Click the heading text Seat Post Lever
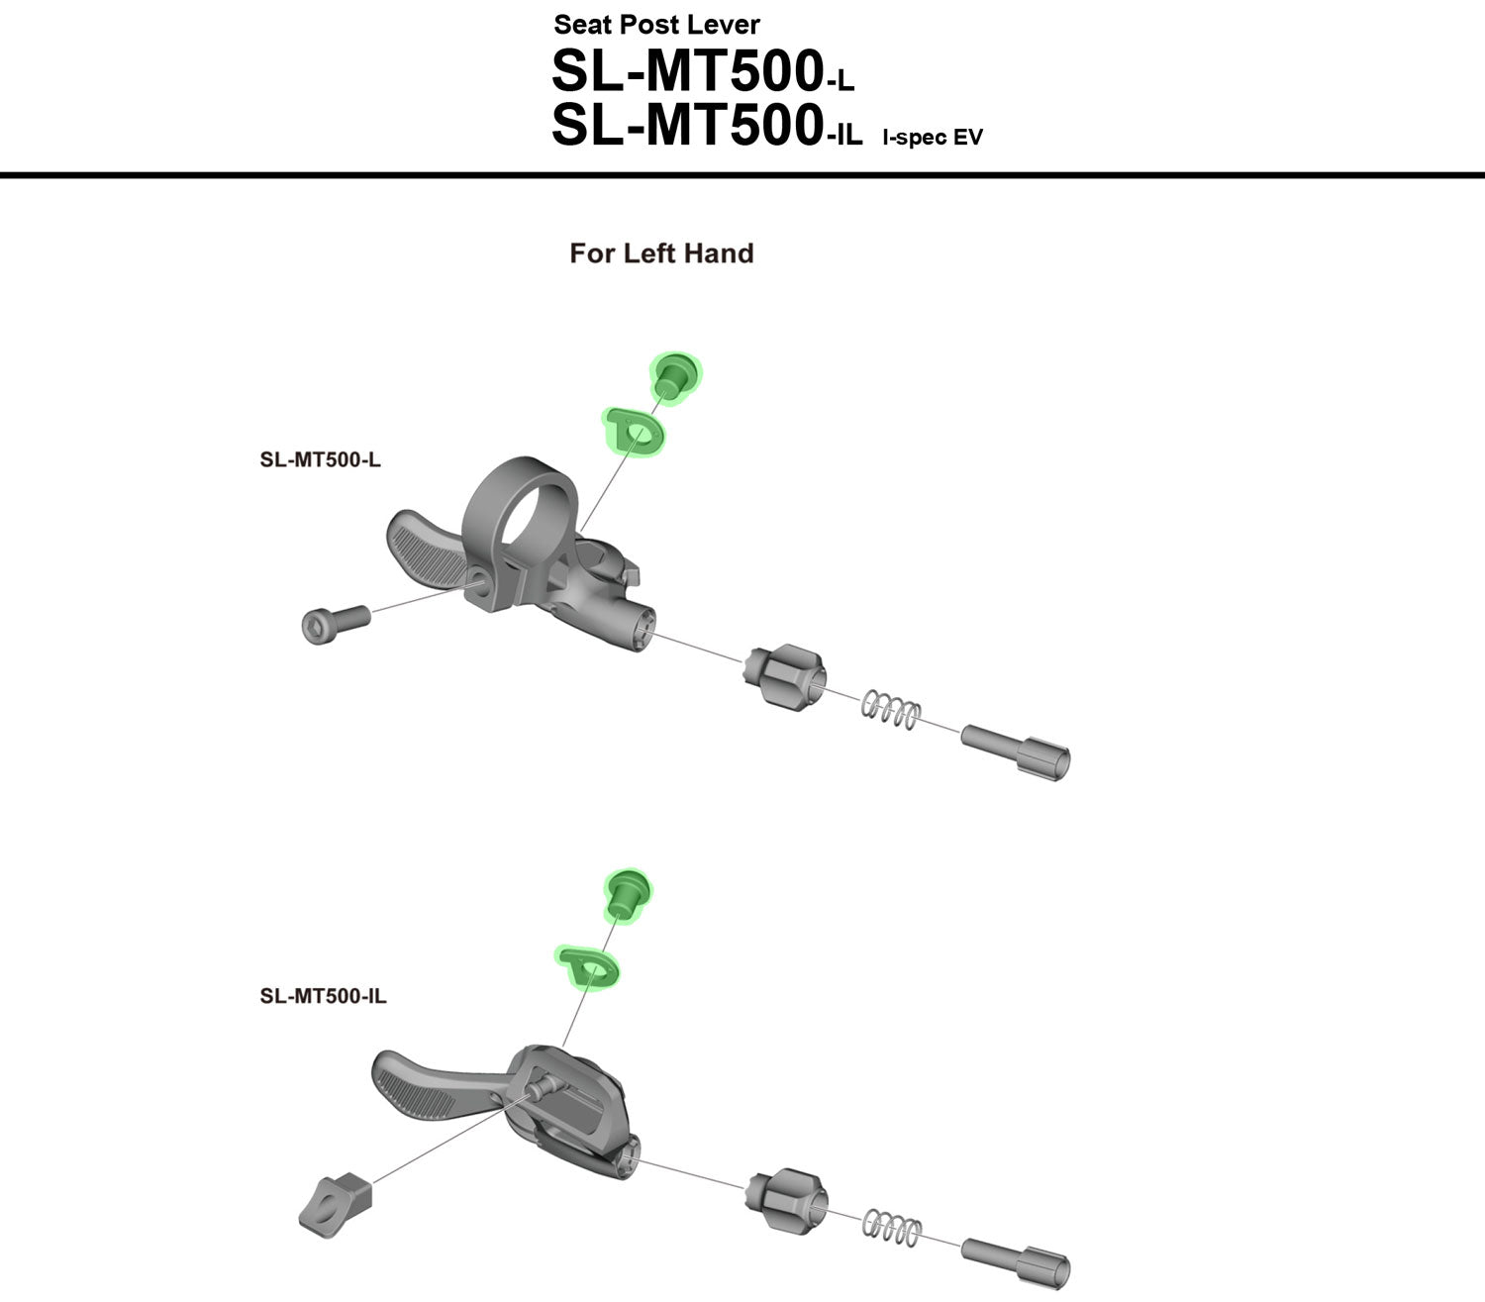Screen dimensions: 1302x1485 pos(656,24)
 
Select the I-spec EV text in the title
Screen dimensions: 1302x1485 pos(933,138)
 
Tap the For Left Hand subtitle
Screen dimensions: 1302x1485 pos(661,253)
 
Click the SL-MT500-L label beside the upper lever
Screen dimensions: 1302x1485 pos(320,459)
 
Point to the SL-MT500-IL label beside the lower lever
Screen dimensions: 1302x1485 pos(323,996)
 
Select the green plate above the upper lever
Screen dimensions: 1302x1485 pos(634,432)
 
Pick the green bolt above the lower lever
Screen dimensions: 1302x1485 pos(626,893)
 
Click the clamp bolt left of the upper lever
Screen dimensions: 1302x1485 pos(334,623)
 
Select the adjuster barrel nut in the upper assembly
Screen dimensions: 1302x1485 pos(782,676)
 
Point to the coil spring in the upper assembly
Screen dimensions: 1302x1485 pos(890,709)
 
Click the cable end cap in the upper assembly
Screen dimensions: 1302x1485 pos(1019,751)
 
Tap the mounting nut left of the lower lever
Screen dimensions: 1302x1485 pos(336,1202)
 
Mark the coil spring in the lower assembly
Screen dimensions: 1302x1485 pos(892,1228)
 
